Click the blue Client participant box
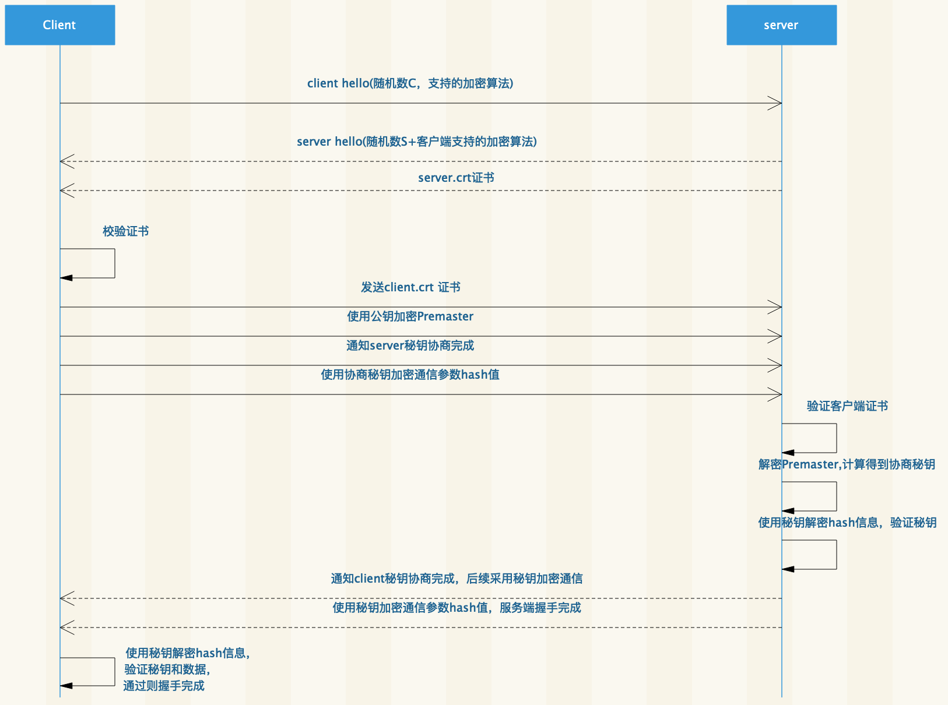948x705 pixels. pyautogui.click(x=59, y=25)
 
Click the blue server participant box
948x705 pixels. pyautogui.click(x=781, y=25)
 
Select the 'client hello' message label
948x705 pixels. pyautogui.click(x=410, y=83)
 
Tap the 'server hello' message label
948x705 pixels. pyautogui.click(x=416, y=142)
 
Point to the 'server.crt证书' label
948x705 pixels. pyautogui.click(x=456, y=178)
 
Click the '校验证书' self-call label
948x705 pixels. pyautogui.click(x=125, y=231)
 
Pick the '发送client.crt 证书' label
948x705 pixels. pyautogui.click(x=410, y=287)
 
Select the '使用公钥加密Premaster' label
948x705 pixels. pyautogui.click(x=410, y=316)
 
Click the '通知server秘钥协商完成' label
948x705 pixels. pyautogui.click(x=410, y=346)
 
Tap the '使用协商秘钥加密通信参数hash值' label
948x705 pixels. pyautogui.click(x=410, y=375)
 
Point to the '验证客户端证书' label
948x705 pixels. pyautogui.click(x=847, y=406)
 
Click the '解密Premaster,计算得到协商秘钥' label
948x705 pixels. pyautogui.click(x=847, y=464)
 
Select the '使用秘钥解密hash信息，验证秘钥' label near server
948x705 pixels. pyautogui.click(x=847, y=523)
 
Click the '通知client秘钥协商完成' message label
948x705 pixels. pyautogui.click(x=457, y=579)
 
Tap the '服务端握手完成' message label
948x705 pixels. pyautogui.click(x=457, y=608)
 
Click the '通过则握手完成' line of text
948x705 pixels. pyautogui.click(x=164, y=686)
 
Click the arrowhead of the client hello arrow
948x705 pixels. pyautogui.click(x=775, y=103)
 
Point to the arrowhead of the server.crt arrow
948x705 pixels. pyautogui.click(x=66, y=191)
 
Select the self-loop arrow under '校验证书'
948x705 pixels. pyautogui.click(x=114, y=263)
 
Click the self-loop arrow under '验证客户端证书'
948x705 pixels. pyautogui.click(x=836, y=438)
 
